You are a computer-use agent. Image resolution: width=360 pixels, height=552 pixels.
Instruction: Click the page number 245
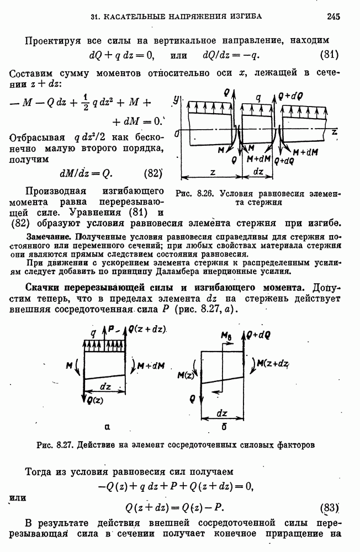click(x=333, y=17)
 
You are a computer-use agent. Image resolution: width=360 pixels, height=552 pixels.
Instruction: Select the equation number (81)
click(x=330, y=55)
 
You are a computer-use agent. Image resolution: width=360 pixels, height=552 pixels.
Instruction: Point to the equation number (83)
click(x=330, y=508)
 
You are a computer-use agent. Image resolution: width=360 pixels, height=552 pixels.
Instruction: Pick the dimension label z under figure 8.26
click(x=213, y=172)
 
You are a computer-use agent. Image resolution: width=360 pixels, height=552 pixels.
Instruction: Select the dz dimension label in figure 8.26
click(x=257, y=172)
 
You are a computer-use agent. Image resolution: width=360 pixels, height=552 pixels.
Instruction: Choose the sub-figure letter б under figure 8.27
click(x=223, y=427)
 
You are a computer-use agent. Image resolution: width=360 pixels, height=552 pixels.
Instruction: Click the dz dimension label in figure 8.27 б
click(x=222, y=413)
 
